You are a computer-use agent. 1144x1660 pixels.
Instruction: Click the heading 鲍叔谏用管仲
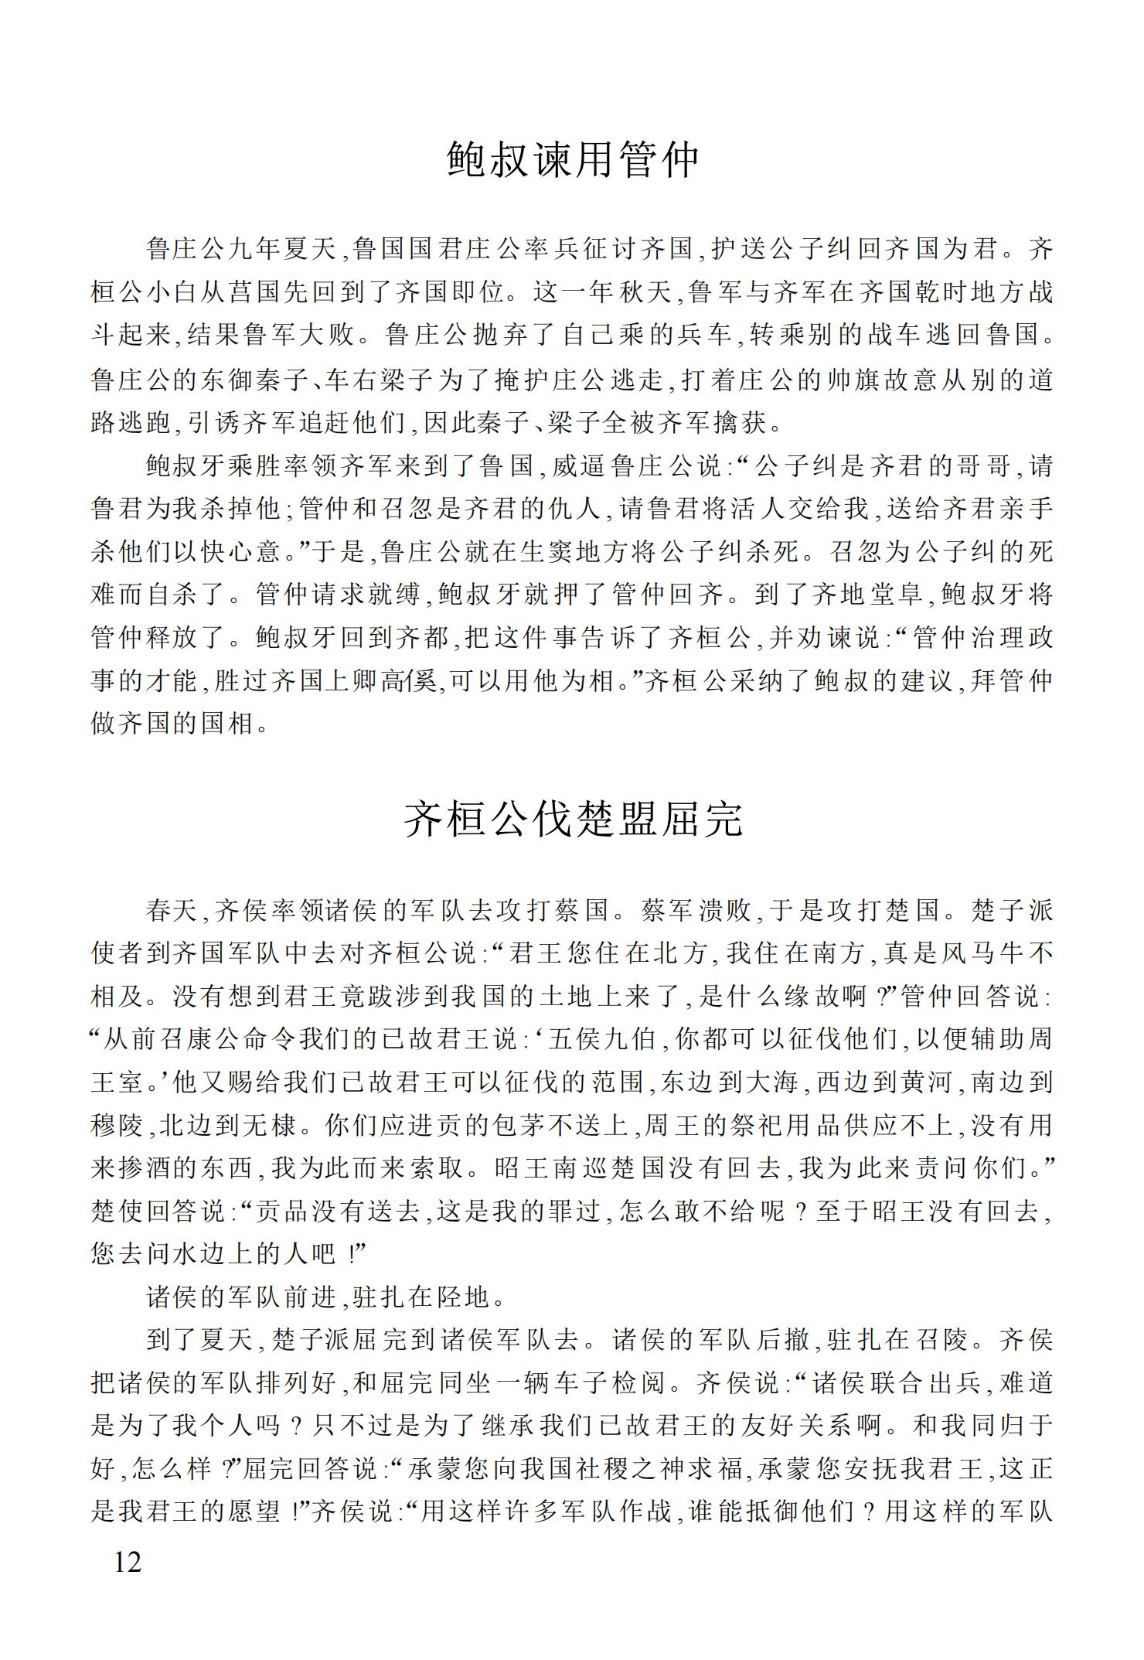pos(573,160)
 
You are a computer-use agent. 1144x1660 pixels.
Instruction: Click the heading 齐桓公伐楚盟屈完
pos(573,820)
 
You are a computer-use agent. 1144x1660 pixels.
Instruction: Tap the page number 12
pos(128,1563)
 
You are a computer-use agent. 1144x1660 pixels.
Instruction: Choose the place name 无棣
pos(271,1127)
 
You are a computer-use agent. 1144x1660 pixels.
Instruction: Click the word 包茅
pos(521,1127)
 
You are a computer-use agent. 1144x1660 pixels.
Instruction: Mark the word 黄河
pos(927,1084)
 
